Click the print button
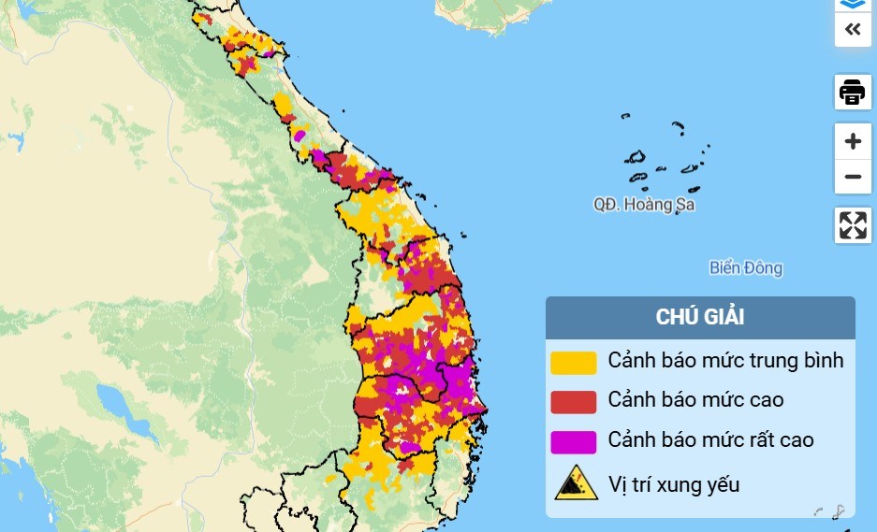[852, 93]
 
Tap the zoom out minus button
[852, 177]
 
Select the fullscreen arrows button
[852, 225]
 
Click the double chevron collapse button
[852, 29]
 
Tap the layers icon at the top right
[852, 4]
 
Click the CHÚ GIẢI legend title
[699, 317]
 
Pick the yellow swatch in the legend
[573, 361]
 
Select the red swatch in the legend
[573, 401]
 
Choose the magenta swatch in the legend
[573, 440]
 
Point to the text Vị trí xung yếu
[673, 484]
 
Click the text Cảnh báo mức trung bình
[725, 360]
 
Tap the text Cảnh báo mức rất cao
[710, 439]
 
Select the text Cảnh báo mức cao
[695, 400]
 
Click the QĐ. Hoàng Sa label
[644, 205]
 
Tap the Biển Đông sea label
[745, 268]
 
